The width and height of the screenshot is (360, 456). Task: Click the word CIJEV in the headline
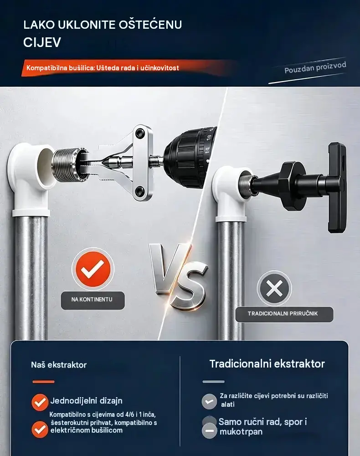point(42,42)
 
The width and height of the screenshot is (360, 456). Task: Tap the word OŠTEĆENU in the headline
point(150,24)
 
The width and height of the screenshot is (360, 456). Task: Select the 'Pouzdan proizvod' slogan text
point(315,67)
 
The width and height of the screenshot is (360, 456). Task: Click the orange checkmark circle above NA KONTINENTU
point(93,269)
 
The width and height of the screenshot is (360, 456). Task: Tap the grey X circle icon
point(274,288)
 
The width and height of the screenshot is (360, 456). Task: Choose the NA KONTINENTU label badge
point(93,300)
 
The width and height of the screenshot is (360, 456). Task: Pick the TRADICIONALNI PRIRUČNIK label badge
point(284,314)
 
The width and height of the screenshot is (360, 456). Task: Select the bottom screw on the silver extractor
point(141,192)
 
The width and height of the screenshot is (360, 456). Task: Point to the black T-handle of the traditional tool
point(337,187)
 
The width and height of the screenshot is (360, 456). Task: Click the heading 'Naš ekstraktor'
point(59,365)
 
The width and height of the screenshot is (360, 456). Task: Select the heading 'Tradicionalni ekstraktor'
point(267,364)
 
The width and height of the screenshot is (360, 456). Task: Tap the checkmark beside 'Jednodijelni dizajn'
point(40,402)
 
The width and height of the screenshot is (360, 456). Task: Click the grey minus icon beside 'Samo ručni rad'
point(210,431)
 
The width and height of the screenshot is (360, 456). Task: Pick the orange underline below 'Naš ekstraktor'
point(44,382)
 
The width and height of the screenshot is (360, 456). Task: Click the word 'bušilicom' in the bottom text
point(105,430)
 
